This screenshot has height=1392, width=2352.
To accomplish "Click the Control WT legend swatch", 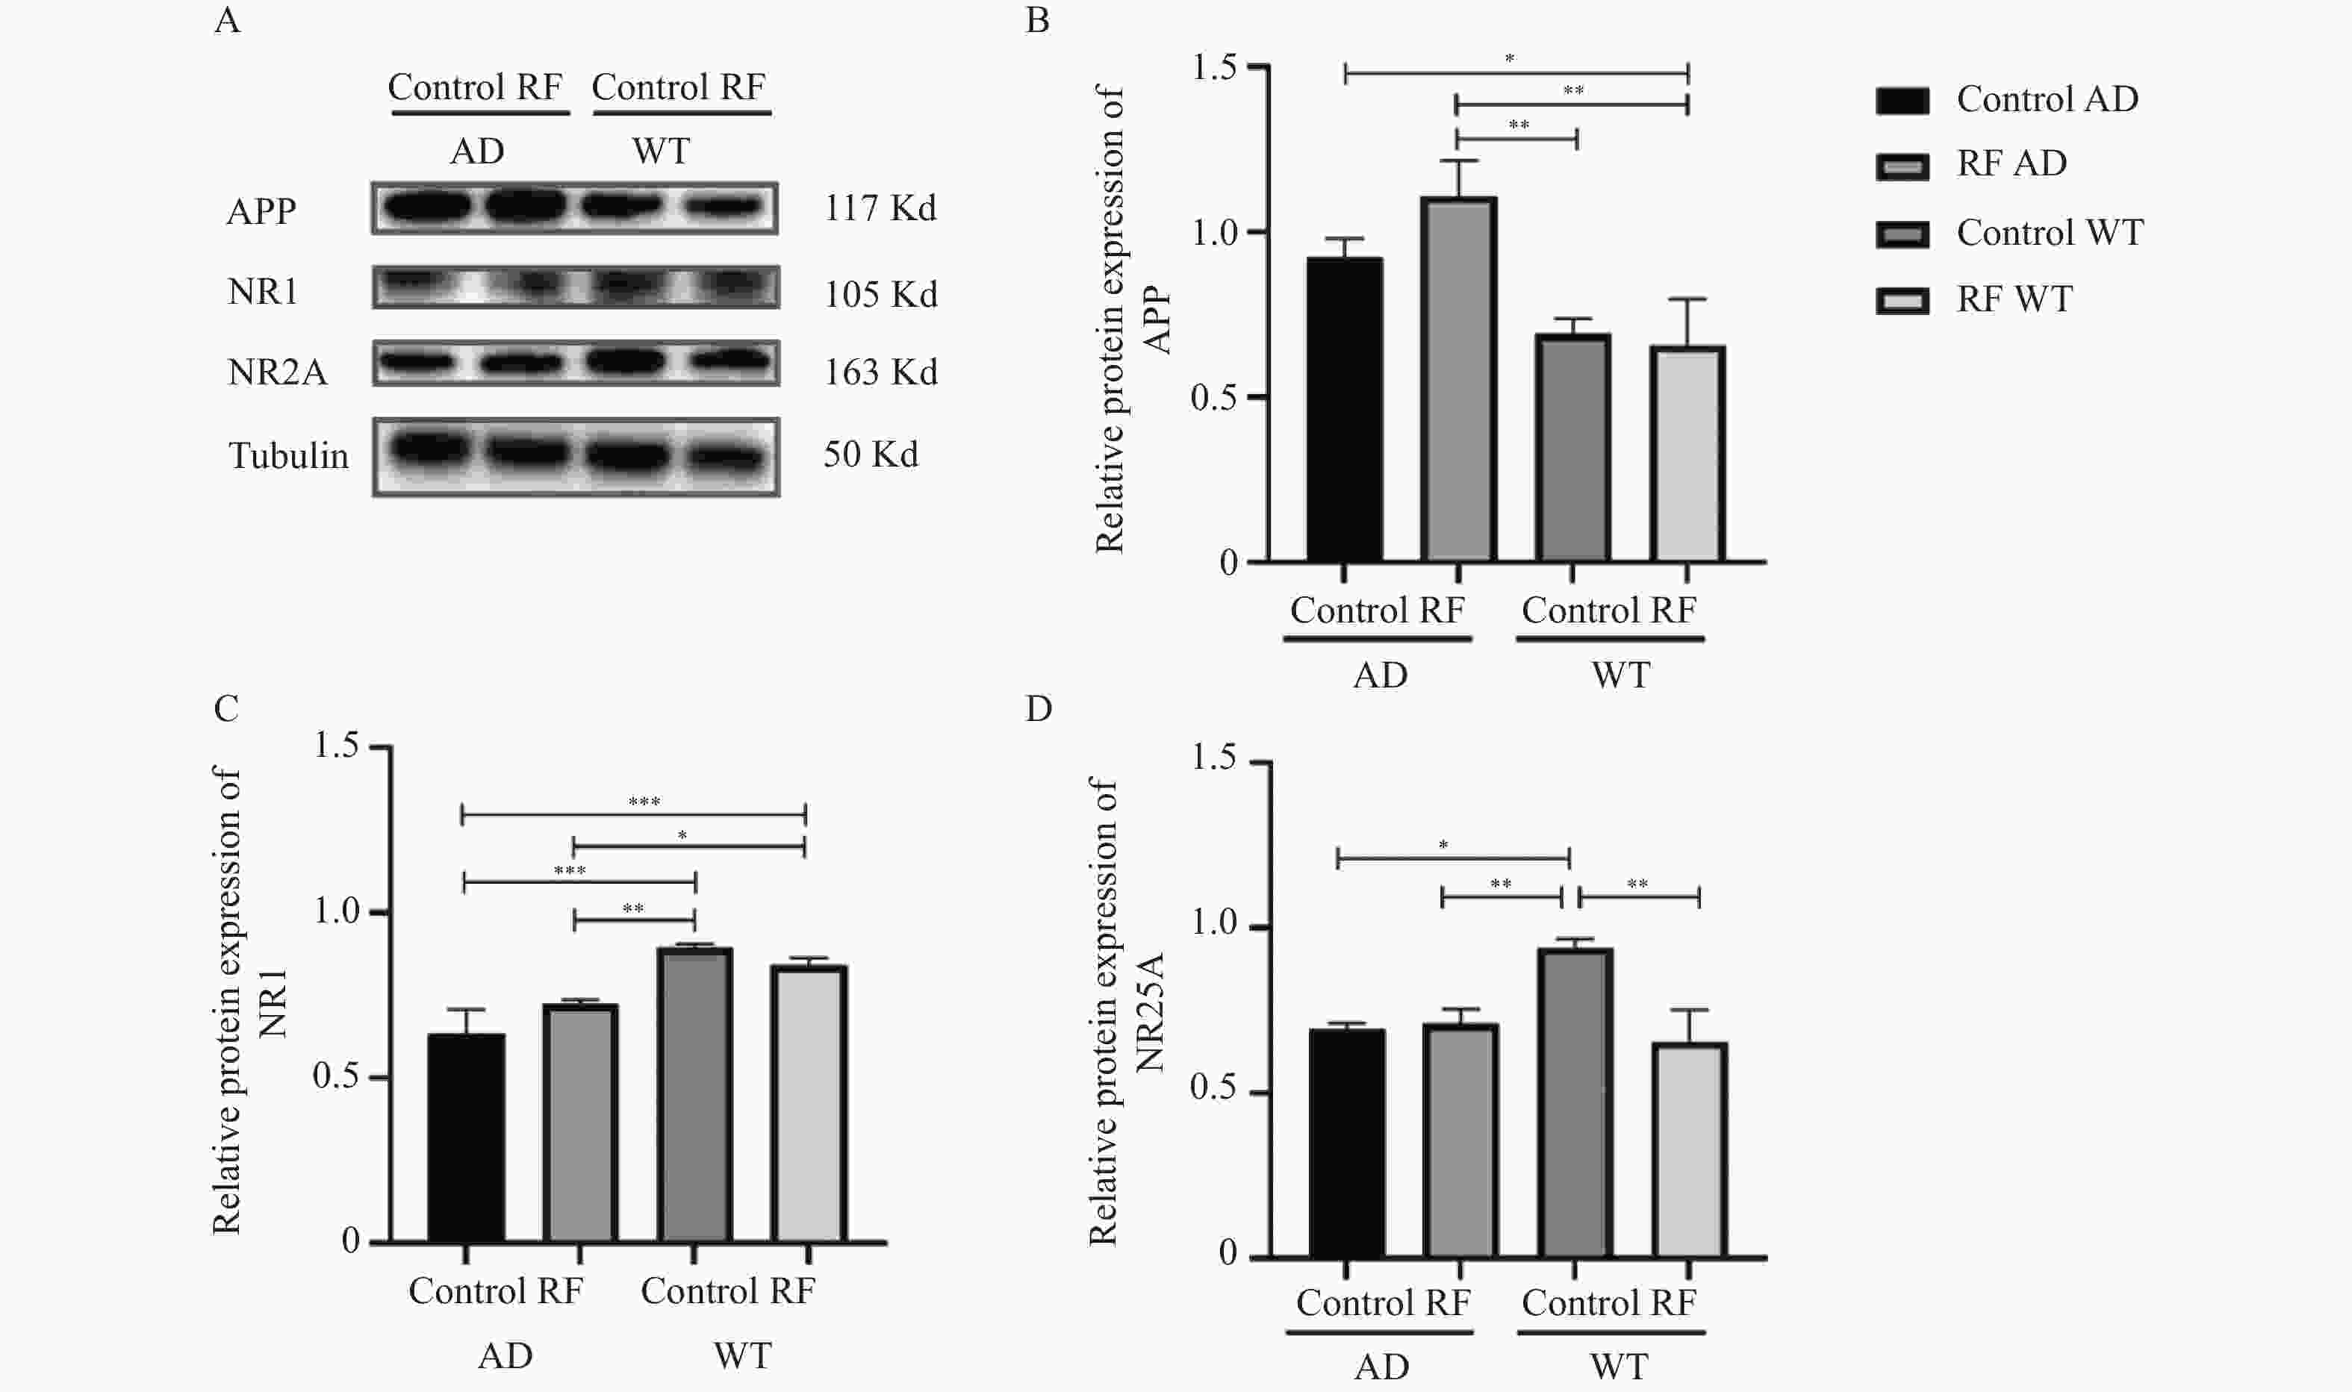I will pos(1902,234).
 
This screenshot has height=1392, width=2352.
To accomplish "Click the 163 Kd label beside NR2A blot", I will pos(880,372).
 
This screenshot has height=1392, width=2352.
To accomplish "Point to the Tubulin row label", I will pos(288,456).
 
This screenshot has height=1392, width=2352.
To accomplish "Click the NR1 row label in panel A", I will pos(263,293).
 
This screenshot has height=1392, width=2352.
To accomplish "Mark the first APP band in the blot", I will pos(427,206).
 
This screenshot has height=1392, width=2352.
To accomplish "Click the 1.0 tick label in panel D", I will pos(1214,923).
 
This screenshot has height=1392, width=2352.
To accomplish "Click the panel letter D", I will pos(1038,709).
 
